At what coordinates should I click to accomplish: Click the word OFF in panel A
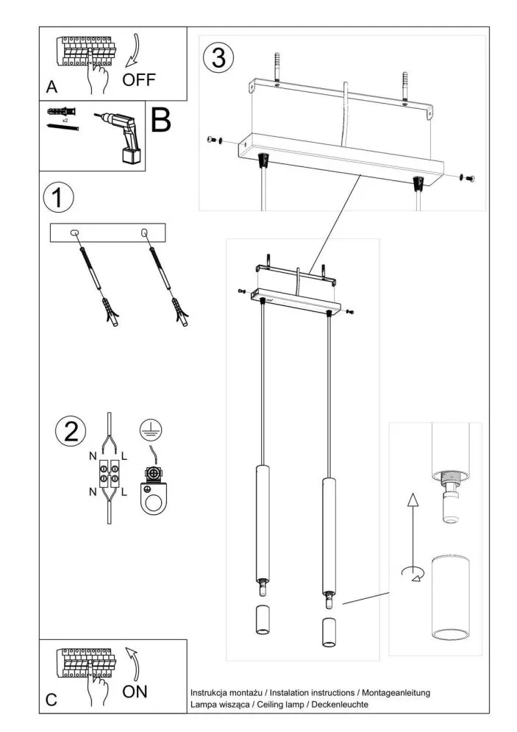click(140, 79)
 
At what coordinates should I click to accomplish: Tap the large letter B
click(162, 121)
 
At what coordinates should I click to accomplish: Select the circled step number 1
click(59, 198)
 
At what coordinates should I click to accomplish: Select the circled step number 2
click(71, 431)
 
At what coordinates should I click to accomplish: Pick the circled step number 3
click(219, 58)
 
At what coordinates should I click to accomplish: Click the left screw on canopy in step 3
click(213, 140)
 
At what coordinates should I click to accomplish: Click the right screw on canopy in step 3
click(468, 177)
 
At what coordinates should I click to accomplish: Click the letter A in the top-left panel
click(51, 88)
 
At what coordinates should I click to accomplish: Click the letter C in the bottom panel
click(51, 700)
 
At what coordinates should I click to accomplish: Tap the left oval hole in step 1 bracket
click(74, 233)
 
